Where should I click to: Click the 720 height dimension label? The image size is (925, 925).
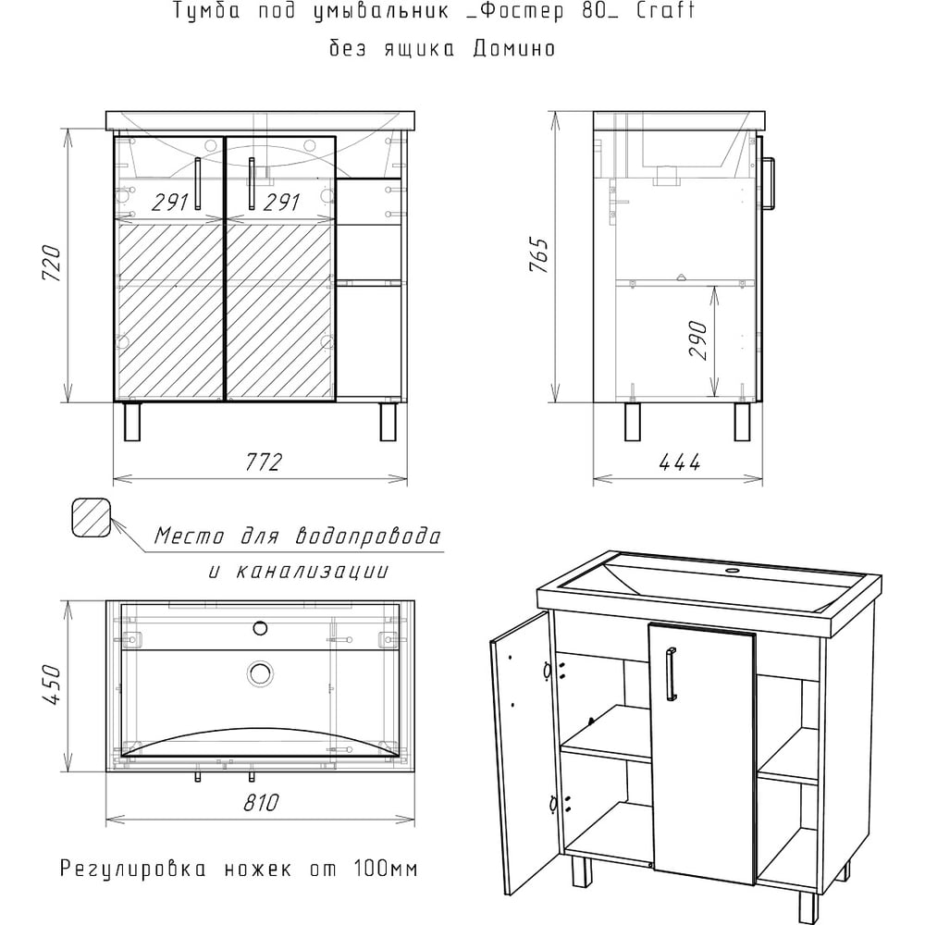coord(52,263)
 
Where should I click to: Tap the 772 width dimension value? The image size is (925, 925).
coord(263,462)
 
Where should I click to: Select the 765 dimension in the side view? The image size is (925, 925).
coord(538,254)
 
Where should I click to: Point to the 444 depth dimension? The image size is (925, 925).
coord(679,462)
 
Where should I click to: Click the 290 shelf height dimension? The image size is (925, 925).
coord(697,340)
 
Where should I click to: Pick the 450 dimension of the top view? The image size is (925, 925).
coord(52,684)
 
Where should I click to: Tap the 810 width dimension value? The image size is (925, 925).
coord(261,802)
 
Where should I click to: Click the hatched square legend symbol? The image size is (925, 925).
coord(92,517)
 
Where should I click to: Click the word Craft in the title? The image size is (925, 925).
coord(665,10)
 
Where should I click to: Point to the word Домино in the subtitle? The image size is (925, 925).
coord(514,48)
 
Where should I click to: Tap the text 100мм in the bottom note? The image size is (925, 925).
coord(386,869)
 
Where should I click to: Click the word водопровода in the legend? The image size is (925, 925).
coord(367,536)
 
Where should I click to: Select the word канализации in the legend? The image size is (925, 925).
coord(312,571)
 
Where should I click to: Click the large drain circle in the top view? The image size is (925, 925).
coord(260,673)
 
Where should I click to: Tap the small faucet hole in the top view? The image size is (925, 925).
coord(260,629)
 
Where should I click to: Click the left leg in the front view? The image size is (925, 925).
coord(132,421)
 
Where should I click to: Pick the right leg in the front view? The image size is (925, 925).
coord(388,421)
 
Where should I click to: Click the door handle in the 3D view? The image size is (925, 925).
coord(672,674)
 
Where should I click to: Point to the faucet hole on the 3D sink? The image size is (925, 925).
coord(734,571)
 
